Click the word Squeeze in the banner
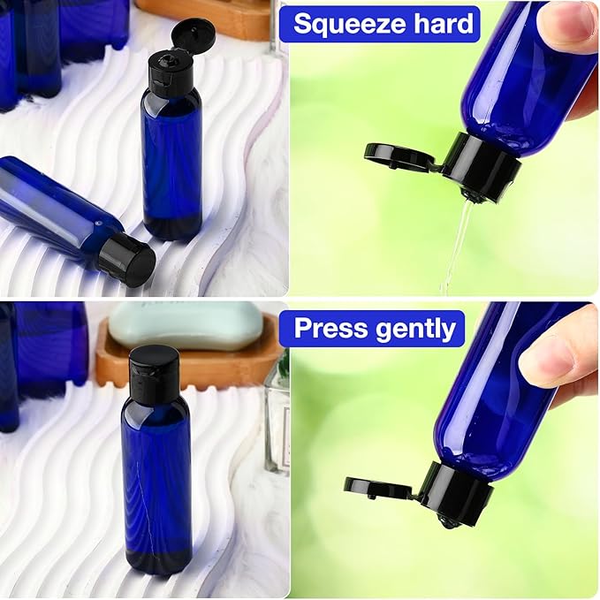click(353, 23)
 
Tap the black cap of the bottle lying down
click(126, 259)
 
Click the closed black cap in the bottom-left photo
click(155, 368)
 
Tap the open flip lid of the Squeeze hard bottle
click(400, 156)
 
